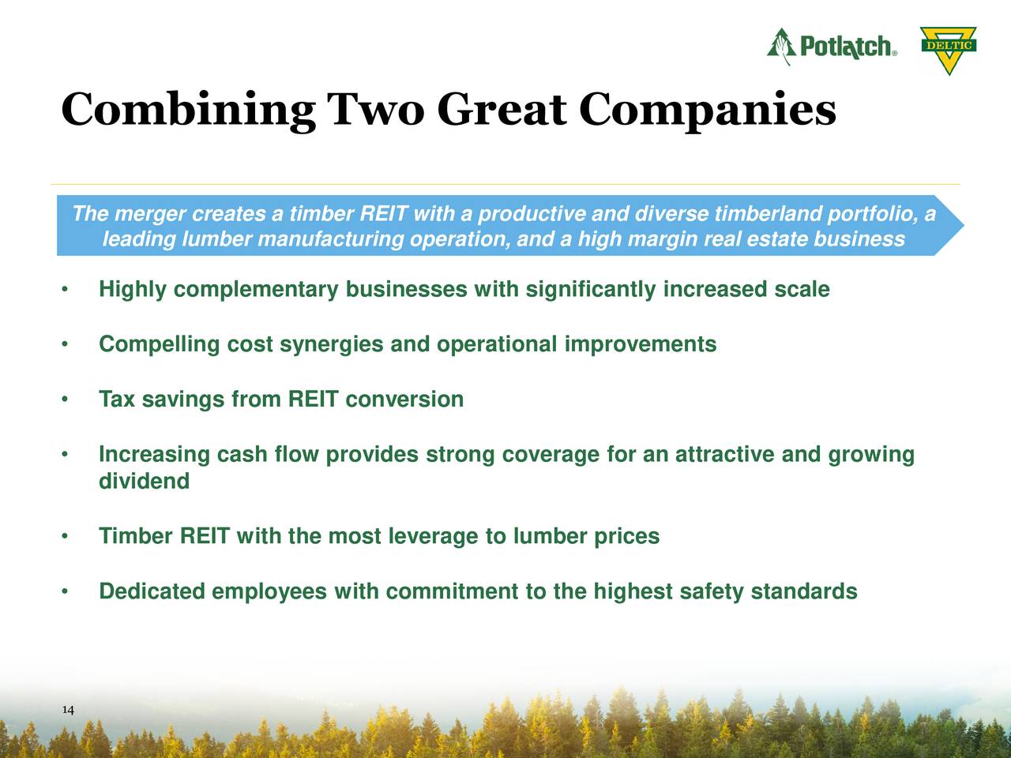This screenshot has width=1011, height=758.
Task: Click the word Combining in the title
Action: coord(187,111)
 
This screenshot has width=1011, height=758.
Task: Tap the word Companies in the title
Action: coord(706,111)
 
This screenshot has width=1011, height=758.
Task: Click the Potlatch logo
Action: coord(832,47)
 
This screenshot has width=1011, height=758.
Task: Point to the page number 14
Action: coord(68,711)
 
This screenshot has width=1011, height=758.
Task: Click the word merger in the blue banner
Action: coord(150,214)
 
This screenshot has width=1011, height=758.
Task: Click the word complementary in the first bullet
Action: coord(257,290)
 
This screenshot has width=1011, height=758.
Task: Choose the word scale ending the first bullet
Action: coord(802,290)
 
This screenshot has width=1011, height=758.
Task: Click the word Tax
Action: coord(117,400)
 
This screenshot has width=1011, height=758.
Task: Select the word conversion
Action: coord(404,400)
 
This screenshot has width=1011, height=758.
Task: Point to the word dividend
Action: coord(144,482)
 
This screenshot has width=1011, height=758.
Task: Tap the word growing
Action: coord(871,455)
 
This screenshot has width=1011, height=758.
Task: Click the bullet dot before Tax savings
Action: coord(63,400)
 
